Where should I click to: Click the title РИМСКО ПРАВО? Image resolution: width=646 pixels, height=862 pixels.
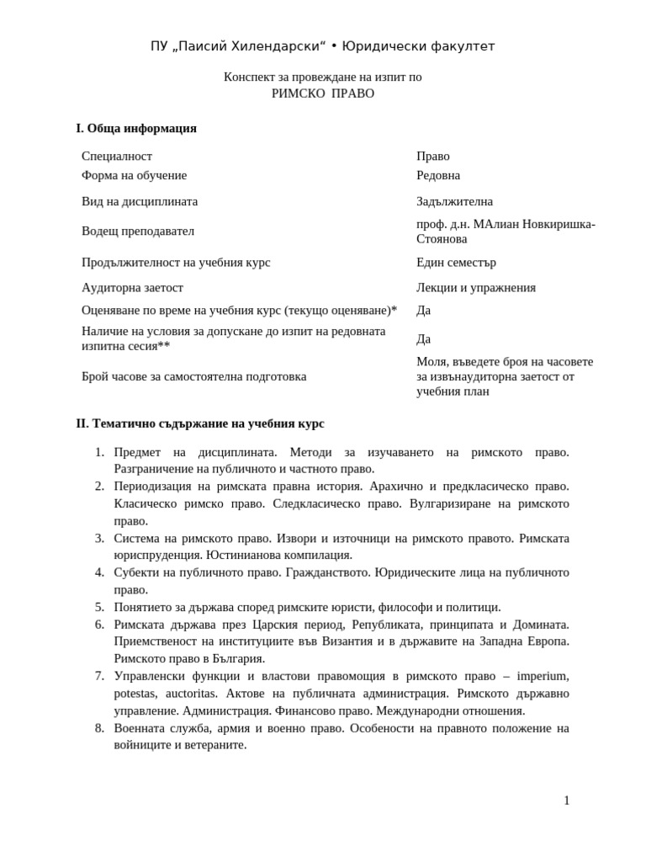coord(323,93)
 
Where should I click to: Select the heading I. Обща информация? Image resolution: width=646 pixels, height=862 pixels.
coord(136,129)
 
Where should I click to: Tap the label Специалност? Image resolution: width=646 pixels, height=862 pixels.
coord(117,157)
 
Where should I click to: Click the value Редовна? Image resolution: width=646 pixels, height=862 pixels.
coord(438,176)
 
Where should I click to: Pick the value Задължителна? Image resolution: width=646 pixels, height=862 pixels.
coord(454,202)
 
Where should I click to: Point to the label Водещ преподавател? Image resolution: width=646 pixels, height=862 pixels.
coord(138,231)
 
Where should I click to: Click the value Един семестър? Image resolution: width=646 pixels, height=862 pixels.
coord(456,263)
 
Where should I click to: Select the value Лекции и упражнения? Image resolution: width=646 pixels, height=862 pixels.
coord(475,288)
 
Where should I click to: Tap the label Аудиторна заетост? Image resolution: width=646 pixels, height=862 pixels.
coord(132,288)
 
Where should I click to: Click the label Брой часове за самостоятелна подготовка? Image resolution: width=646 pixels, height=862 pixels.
coord(193,377)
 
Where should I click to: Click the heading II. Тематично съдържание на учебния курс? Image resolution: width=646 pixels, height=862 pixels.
coord(200,423)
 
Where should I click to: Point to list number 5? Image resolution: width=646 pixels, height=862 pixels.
coord(99,607)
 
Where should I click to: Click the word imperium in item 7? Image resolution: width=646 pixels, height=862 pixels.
coord(543,676)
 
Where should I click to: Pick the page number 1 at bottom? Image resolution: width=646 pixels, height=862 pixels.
coord(566,801)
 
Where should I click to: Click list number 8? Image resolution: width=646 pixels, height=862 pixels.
coord(99,728)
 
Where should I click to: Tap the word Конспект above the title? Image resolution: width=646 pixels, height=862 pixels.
coord(250,77)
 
